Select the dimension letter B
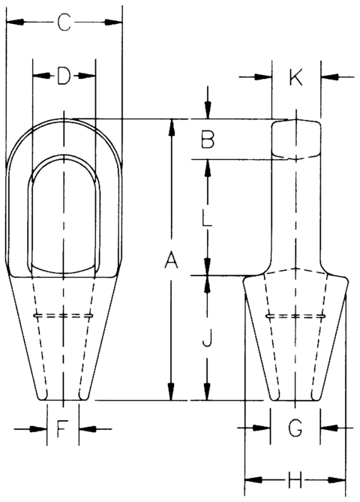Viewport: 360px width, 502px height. [208, 139]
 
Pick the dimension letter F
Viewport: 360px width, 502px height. [63, 429]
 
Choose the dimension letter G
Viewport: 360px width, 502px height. [295, 428]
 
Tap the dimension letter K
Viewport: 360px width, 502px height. [295, 77]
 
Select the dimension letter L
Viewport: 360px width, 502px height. [208, 220]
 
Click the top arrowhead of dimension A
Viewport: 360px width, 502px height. [171, 125]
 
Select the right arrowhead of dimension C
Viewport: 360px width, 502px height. [115, 24]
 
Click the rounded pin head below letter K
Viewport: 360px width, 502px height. [295, 139]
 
